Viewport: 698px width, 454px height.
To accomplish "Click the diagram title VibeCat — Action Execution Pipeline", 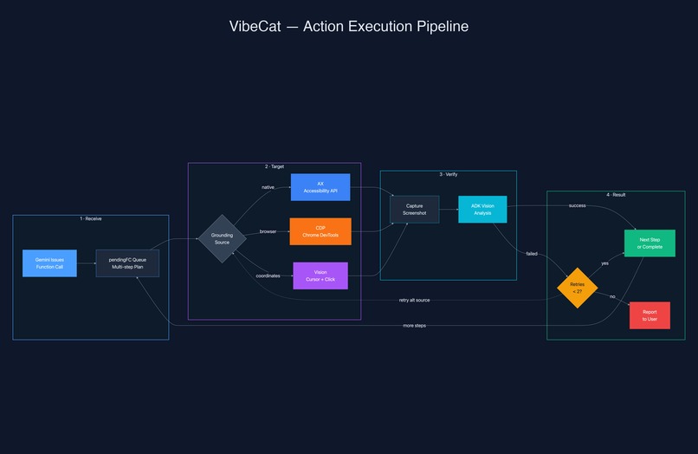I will pos(348,26).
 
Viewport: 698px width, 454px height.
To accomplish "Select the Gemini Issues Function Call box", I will pos(49,263).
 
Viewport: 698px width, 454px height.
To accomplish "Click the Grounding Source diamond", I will pos(223,238).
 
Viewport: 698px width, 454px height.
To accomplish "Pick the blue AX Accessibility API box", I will pos(320,187).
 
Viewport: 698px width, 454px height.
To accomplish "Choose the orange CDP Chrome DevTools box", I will pos(320,231).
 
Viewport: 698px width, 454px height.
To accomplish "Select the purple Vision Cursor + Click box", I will pos(320,276).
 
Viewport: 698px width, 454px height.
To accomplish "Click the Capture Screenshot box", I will pos(414,209).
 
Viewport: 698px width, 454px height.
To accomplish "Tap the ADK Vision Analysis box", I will pos(482,209).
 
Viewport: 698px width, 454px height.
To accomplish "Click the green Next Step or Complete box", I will pos(649,243).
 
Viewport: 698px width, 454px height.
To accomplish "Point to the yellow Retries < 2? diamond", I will pos(577,288).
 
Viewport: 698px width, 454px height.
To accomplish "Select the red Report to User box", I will pos(650,315).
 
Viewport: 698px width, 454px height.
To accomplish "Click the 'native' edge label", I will pos(268,187).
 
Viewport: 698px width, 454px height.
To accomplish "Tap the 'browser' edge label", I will pos(268,231).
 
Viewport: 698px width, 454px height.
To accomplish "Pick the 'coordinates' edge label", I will pos(268,276).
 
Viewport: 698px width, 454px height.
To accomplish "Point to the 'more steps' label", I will pos(414,326).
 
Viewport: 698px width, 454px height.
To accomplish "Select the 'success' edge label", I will pos(577,205).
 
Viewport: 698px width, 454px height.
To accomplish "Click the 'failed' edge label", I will pos(531,253).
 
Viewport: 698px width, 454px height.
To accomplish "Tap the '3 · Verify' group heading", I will pos(448,174).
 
